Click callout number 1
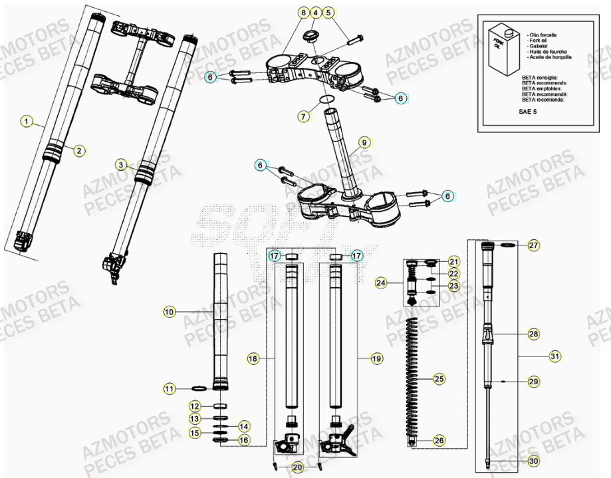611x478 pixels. tap(26, 121)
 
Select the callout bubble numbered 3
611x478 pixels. tap(120, 164)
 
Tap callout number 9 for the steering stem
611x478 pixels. tap(364, 142)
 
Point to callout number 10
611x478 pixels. tap(169, 310)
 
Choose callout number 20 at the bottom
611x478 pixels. tap(297, 466)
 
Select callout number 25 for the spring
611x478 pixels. tap(439, 380)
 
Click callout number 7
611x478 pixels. tap(304, 116)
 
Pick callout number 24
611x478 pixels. tap(380, 283)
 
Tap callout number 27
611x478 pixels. tap(534, 246)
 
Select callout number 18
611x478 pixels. tap(253, 358)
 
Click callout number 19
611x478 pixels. tap(377, 358)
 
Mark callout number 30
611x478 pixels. tap(534, 460)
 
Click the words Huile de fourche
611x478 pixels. tap(546, 51)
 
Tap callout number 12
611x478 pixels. tap(194, 406)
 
